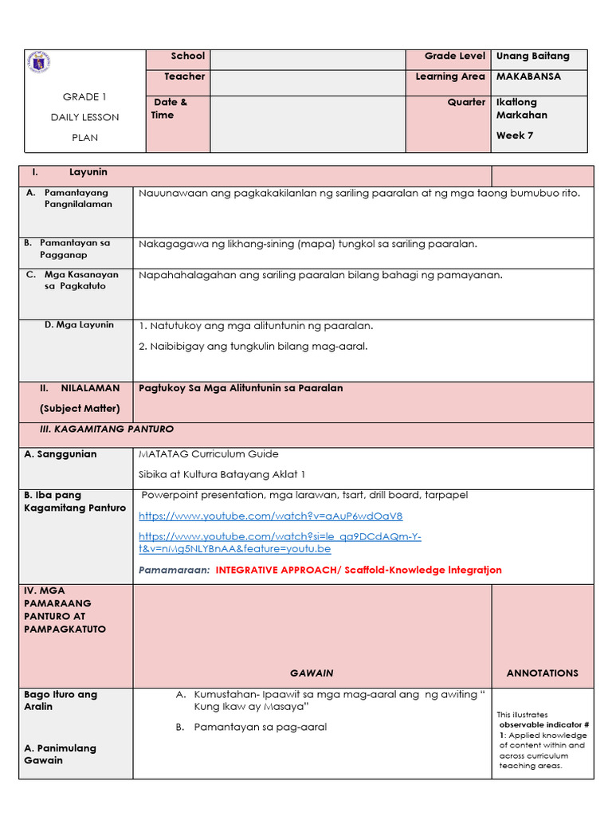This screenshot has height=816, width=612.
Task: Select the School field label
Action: pyautogui.click(x=188, y=57)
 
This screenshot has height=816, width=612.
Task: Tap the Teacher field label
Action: pyautogui.click(x=185, y=77)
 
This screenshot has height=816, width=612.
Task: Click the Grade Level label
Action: pyautogui.click(x=455, y=57)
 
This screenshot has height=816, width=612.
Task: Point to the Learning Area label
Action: pyautogui.click(x=450, y=77)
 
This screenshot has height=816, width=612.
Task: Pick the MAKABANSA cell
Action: pyautogui.click(x=528, y=77)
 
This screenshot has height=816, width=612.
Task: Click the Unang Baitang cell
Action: pyautogui.click(x=532, y=57)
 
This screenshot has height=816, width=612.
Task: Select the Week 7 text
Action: pyautogui.click(x=515, y=135)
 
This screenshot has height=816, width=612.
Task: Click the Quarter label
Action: pyautogui.click(x=466, y=103)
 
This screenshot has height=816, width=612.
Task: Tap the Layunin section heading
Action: pyautogui.click(x=88, y=173)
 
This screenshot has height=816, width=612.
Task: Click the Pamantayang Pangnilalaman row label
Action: pyautogui.click(x=78, y=198)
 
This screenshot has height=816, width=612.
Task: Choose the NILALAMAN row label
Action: pyautogui.click(x=90, y=389)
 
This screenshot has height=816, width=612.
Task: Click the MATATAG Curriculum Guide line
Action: pyautogui.click(x=209, y=454)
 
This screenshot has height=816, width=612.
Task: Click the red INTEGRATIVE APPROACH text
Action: pyautogui.click(x=359, y=571)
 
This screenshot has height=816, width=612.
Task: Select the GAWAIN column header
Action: pyautogui.click(x=312, y=673)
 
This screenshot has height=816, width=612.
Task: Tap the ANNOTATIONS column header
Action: pyautogui.click(x=542, y=673)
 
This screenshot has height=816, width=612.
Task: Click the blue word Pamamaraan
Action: pyautogui.click(x=174, y=571)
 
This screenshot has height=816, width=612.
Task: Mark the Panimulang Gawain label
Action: pyautogui.click(x=60, y=755)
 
